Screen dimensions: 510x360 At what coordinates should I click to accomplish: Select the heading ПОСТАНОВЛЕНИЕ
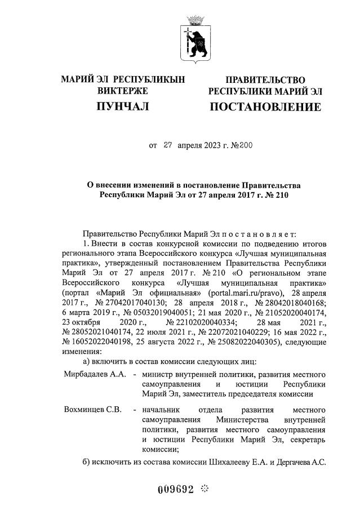click(x=265, y=107)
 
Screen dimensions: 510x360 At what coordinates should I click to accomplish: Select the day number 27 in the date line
click(x=167, y=145)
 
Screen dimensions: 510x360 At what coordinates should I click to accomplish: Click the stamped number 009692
click(x=176, y=489)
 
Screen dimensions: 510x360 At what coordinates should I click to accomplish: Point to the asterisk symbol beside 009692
click(x=204, y=488)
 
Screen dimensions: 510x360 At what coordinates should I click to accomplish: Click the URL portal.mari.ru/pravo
click(x=244, y=294)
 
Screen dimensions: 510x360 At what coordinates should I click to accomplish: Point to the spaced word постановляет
click(x=256, y=233)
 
